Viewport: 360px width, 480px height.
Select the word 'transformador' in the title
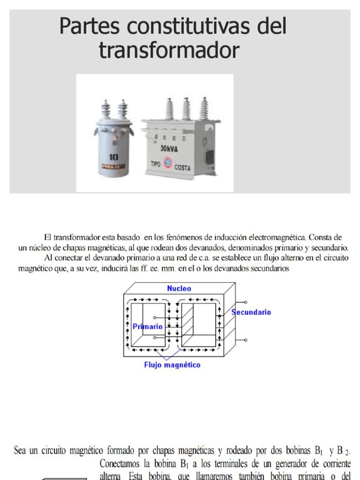[x=169, y=51]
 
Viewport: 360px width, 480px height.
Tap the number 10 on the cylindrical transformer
[x=113, y=157]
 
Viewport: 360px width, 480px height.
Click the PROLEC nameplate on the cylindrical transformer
[x=114, y=166]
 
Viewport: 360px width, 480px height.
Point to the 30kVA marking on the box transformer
[x=170, y=148]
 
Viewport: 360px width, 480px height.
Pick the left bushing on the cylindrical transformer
[x=106, y=110]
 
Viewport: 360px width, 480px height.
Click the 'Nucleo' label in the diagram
[x=179, y=289]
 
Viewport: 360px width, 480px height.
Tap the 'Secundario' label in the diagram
[x=250, y=312]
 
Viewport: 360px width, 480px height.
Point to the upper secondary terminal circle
[x=245, y=302]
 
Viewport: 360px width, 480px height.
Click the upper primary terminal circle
[x=155, y=318]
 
